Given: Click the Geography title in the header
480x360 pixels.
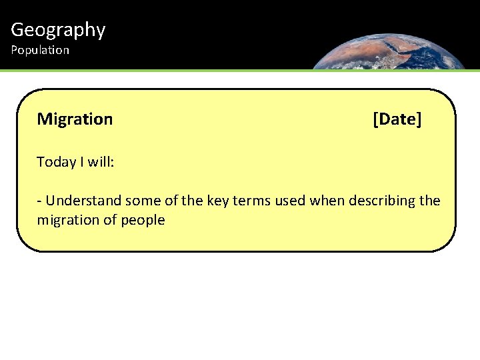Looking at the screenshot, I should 58,30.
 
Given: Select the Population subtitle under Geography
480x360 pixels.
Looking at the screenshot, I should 40,50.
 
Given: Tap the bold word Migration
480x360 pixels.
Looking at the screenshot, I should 75,119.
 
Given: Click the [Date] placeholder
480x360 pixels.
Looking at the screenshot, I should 397,119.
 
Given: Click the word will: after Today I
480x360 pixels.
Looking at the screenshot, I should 99,162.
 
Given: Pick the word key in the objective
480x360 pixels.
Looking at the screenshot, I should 217,201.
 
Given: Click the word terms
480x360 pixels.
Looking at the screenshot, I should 250,201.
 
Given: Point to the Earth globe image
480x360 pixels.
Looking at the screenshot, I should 390,50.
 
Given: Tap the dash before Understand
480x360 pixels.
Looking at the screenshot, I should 40,201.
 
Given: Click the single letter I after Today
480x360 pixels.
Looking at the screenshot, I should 79,162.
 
